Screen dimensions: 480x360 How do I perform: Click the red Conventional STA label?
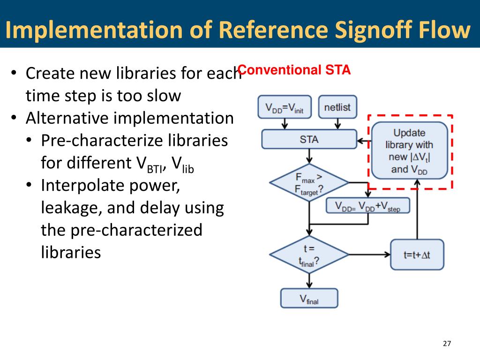pos(294,71)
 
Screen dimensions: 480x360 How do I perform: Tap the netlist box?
pos(337,107)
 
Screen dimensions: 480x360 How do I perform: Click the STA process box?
pos(309,139)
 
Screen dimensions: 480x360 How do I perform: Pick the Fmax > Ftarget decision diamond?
pos(309,182)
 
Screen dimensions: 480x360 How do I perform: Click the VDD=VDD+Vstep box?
pos(367,206)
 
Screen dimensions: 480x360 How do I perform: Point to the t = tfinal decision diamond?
pos(309,255)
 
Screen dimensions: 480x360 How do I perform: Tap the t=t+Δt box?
pos(417,255)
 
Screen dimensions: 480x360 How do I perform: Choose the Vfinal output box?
pos(309,298)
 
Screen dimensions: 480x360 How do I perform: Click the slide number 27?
pos(446,344)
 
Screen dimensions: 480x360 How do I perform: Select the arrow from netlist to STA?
pos(337,124)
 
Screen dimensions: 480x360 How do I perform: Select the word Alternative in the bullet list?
pos(67,118)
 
